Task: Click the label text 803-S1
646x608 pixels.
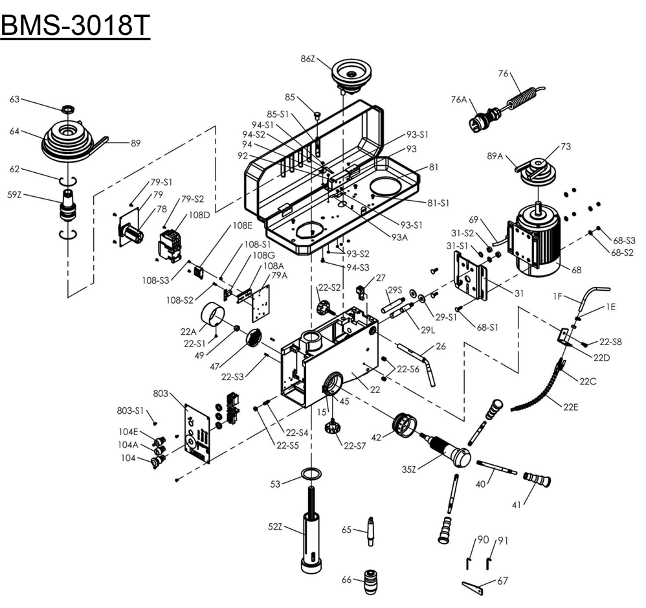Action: coord(129,410)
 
